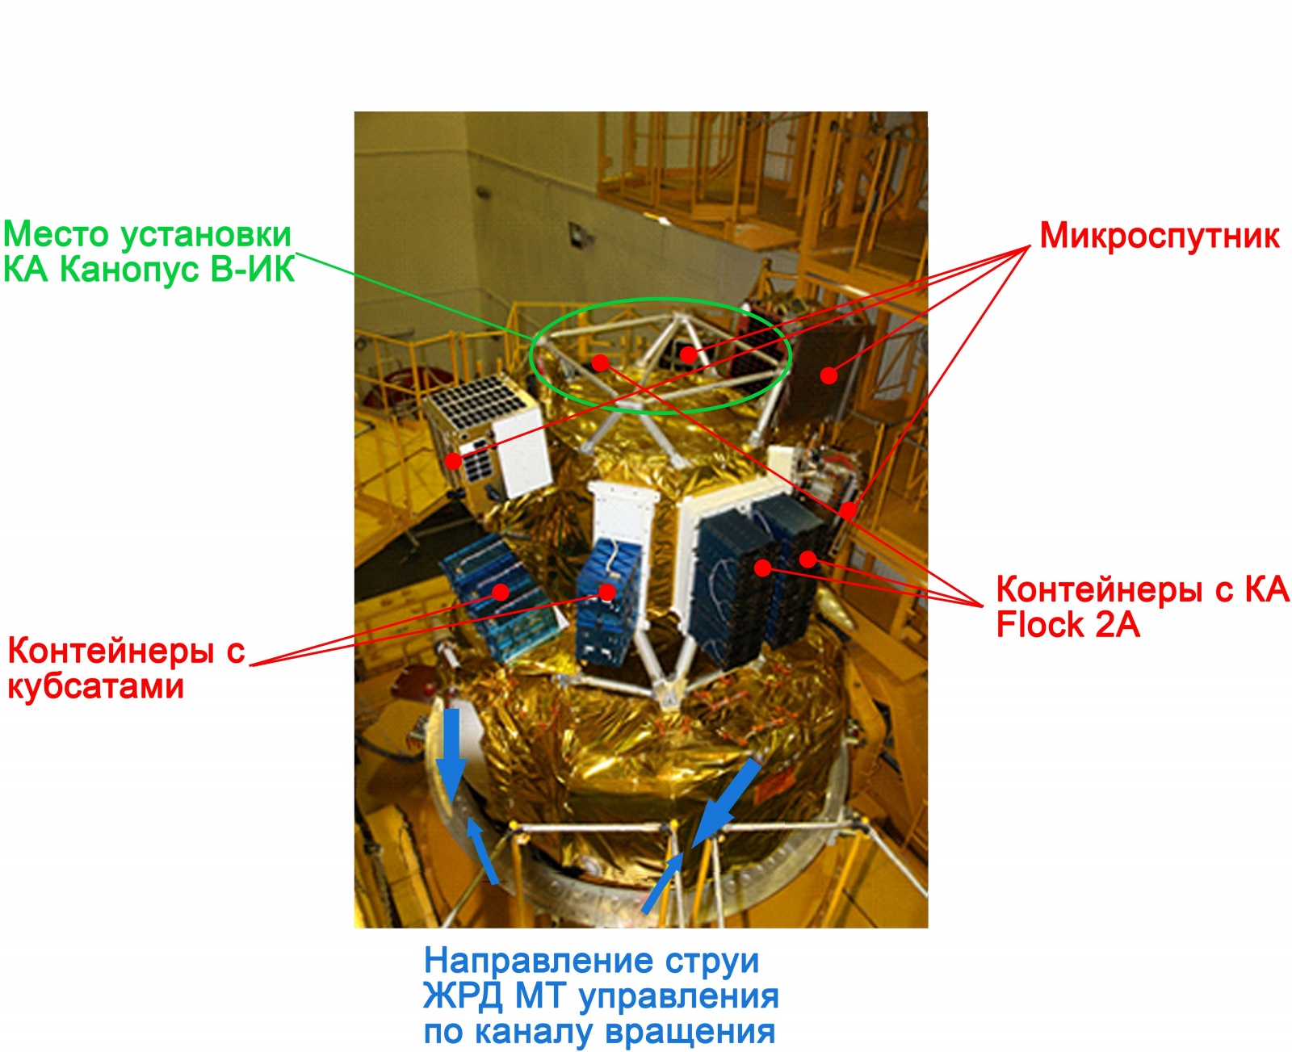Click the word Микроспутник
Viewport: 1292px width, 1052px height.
(x=1159, y=236)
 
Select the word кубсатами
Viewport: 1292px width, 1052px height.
(x=95, y=686)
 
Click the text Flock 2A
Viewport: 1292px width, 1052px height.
(x=1068, y=625)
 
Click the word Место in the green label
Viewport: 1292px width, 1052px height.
(x=55, y=234)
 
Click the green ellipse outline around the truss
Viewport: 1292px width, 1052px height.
(x=660, y=301)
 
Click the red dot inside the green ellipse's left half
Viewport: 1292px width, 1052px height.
(x=599, y=363)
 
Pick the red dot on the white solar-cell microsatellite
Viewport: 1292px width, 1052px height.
(x=453, y=461)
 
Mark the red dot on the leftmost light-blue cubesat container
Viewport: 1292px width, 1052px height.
(x=501, y=592)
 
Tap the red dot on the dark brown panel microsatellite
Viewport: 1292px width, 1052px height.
(x=828, y=375)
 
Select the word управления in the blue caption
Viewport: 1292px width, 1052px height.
(x=678, y=996)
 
